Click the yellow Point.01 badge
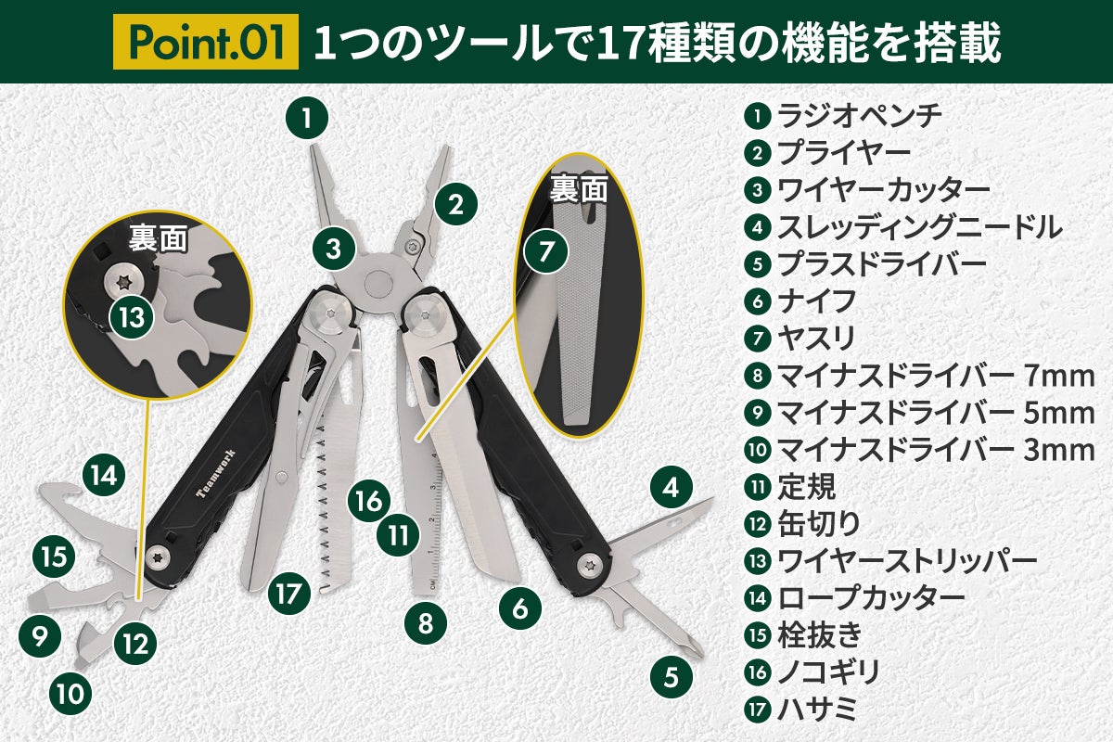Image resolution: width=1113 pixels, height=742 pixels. (x=206, y=42)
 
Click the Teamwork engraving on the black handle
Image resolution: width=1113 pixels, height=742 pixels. (x=216, y=473)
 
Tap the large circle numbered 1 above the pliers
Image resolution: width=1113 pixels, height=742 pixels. (x=307, y=119)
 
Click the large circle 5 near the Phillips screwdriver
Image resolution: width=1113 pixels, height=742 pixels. (x=672, y=677)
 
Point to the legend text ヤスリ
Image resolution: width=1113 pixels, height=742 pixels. (x=816, y=339)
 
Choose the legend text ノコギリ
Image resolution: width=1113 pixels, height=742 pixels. (x=828, y=672)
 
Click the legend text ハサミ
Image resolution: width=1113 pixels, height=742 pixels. (x=817, y=709)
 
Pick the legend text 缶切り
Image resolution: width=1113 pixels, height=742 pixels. (x=818, y=524)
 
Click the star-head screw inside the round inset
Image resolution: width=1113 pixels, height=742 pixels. (x=122, y=282)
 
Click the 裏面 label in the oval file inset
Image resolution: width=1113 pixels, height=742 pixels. (x=579, y=190)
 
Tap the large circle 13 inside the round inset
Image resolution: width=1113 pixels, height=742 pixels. (x=131, y=317)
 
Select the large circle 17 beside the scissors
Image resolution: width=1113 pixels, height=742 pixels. (x=289, y=594)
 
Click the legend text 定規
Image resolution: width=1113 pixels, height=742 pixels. (x=806, y=487)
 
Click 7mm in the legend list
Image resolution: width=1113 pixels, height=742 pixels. (x=1059, y=377)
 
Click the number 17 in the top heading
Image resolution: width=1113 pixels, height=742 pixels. (x=617, y=44)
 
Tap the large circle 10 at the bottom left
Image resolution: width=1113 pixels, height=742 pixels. (x=70, y=693)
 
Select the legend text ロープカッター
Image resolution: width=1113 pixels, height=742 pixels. (x=871, y=598)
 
